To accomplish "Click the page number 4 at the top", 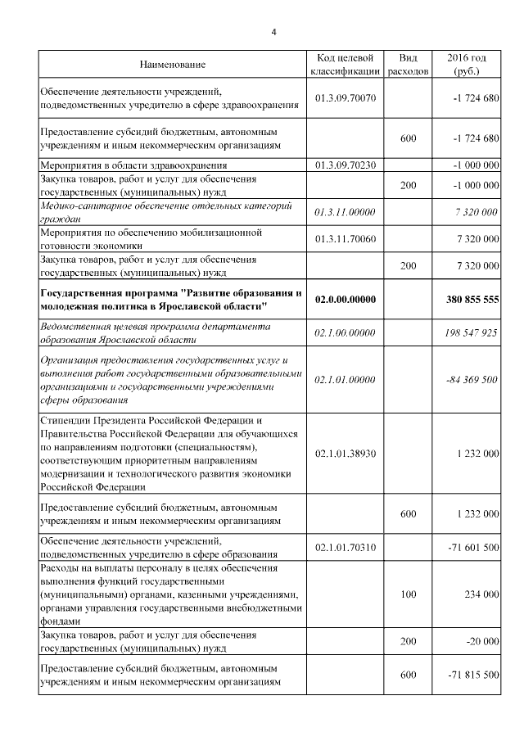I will [x=274, y=32].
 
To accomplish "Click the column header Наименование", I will [x=172, y=65].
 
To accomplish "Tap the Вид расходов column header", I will [x=408, y=65].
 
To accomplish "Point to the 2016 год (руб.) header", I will [x=467, y=65].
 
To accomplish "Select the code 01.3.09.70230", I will [x=345, y=165].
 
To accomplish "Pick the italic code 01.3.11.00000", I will [x=345, y=212].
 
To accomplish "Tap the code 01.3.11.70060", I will [x=345, y=238].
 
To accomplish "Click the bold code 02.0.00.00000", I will [x=345, y=300].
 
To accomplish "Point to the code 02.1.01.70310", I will [x=345, y=547].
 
